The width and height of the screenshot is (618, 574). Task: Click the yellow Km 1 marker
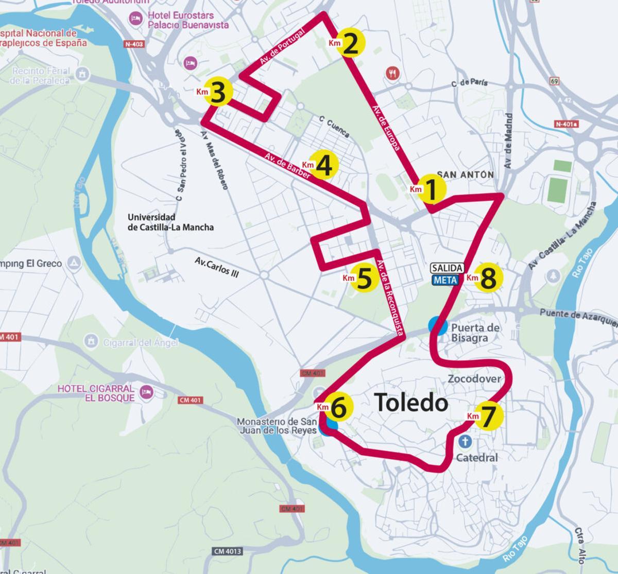pos(431,189)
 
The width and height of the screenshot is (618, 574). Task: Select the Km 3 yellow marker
pos(218,92)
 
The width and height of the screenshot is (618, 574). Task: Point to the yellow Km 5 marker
pos(364,278)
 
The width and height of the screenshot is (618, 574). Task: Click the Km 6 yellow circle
pos(339,407)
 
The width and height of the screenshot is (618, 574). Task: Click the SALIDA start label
pos(448,268)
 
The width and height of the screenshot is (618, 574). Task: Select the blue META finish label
pos(445,280)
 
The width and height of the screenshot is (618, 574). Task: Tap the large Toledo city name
pos(411,403)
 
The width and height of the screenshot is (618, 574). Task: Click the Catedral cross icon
pos(465,442)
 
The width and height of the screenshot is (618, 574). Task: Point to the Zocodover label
pos(474,379)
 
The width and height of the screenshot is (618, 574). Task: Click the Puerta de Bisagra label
pos(475,333)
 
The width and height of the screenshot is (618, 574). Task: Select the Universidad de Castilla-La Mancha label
pos(170,222)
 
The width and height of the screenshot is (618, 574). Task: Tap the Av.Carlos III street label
pos(217,267)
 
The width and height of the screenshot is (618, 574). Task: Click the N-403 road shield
pos(134,44)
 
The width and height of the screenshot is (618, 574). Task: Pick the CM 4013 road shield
pos(227,551)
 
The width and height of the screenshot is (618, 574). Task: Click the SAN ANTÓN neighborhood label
pos(465,175)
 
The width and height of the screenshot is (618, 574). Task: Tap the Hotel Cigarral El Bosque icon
pos(147,393)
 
